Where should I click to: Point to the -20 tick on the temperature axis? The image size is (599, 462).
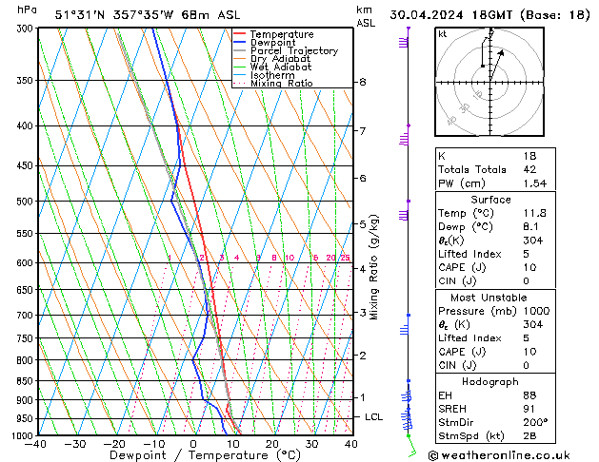[114, 444]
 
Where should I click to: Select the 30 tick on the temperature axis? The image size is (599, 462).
[311, 444]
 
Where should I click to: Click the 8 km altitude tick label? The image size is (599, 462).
[362, 83]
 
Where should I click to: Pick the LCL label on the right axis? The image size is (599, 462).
[374, 417]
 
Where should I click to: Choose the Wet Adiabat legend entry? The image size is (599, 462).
[281, 67]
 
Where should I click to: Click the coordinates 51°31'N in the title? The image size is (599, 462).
[80, 14]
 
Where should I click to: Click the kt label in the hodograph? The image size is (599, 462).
[443, 33]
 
